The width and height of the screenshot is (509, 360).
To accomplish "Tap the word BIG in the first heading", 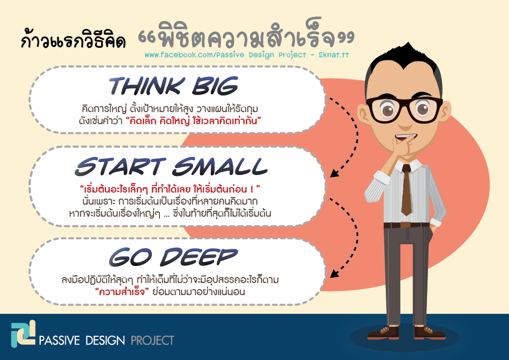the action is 215,85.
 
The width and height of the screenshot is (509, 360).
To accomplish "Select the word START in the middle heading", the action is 120,166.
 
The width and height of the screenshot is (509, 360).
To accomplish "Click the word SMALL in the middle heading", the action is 220,166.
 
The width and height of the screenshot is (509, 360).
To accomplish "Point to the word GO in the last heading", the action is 130,257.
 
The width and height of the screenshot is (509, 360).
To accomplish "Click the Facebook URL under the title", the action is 247,55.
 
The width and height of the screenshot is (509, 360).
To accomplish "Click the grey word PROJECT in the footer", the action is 152,340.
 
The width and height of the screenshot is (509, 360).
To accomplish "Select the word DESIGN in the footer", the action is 105,340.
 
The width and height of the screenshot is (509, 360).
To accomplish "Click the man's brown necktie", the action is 406,190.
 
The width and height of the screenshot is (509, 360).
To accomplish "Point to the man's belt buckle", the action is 405,225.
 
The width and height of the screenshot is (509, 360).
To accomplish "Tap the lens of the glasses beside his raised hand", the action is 388,111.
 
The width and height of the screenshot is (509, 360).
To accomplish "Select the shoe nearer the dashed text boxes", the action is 384,333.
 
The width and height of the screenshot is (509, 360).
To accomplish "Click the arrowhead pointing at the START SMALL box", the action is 334,172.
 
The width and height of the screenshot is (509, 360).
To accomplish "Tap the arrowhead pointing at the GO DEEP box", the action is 334,274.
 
